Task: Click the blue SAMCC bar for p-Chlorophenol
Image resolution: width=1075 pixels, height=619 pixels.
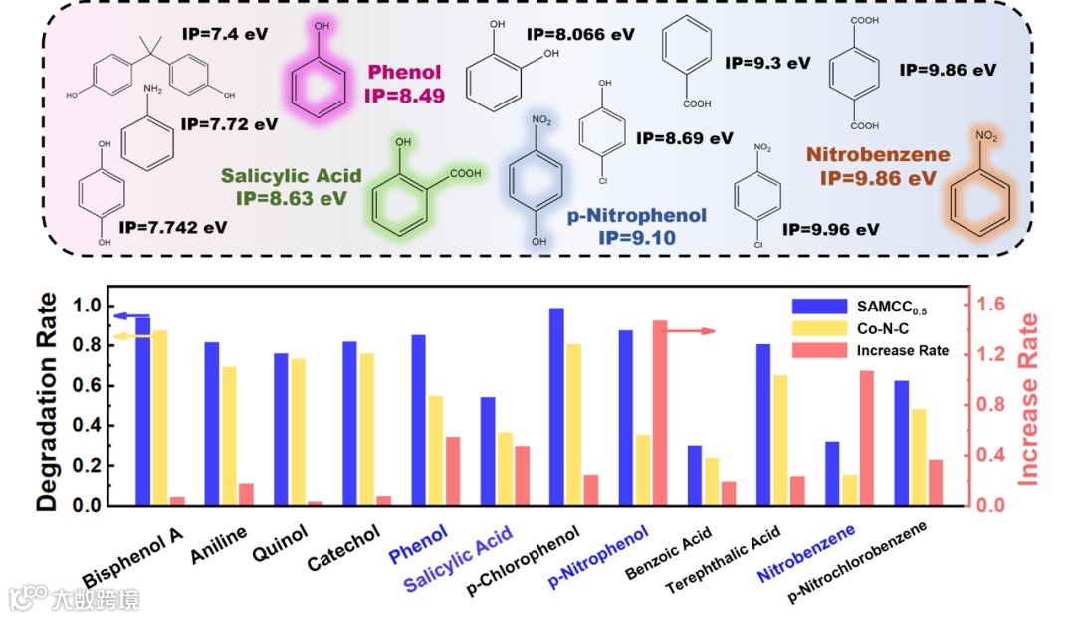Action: click(x=556, y=407)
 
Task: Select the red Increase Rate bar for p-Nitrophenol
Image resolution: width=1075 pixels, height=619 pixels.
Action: click(x=660, y=413)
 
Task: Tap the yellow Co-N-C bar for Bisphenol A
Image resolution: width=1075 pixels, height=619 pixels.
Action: click(x=160, y=418)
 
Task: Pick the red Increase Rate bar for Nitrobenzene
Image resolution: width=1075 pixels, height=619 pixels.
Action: click(x=866, y=438)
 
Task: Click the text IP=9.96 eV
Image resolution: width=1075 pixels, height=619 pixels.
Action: click(x=830, y=229)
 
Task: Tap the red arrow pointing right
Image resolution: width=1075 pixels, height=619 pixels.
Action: click(x=692, y=330)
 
